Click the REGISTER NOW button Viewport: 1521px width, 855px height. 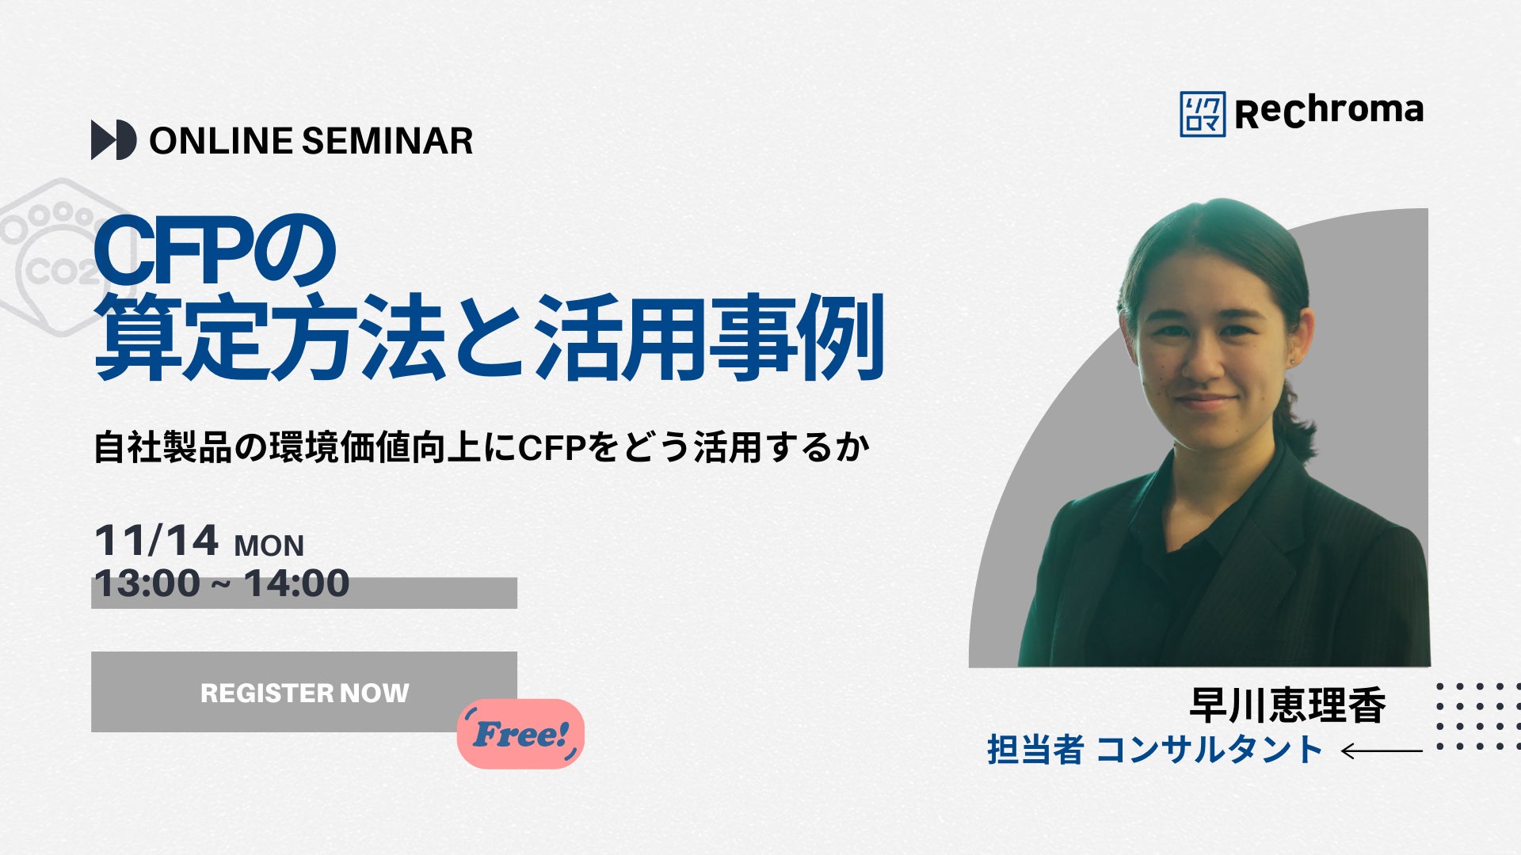pos(304,691)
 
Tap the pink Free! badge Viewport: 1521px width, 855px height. pos(520,734)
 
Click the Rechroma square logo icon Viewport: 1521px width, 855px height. pos(1203,114)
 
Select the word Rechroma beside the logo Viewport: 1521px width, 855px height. pos(1329,112)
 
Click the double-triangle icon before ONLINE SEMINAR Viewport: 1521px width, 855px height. pos(114,140)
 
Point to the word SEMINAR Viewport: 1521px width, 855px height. pos(387,141)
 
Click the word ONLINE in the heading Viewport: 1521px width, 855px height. pos(221,141)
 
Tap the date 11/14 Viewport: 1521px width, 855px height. pos(156,541)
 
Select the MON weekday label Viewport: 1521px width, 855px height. pos(269,546)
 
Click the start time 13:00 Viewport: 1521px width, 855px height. pos(147,583)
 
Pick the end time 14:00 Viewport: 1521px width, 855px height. pos(296,583)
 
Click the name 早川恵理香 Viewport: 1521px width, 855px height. pos(1288,705)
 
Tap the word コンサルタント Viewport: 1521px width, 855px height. pos(1210,750)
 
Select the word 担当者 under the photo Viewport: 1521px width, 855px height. pos(1035,750)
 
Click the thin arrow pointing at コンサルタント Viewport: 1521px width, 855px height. pos(1382,750)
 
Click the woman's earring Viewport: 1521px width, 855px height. pos(1293,361)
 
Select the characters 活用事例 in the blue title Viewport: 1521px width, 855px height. pos(709,339)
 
